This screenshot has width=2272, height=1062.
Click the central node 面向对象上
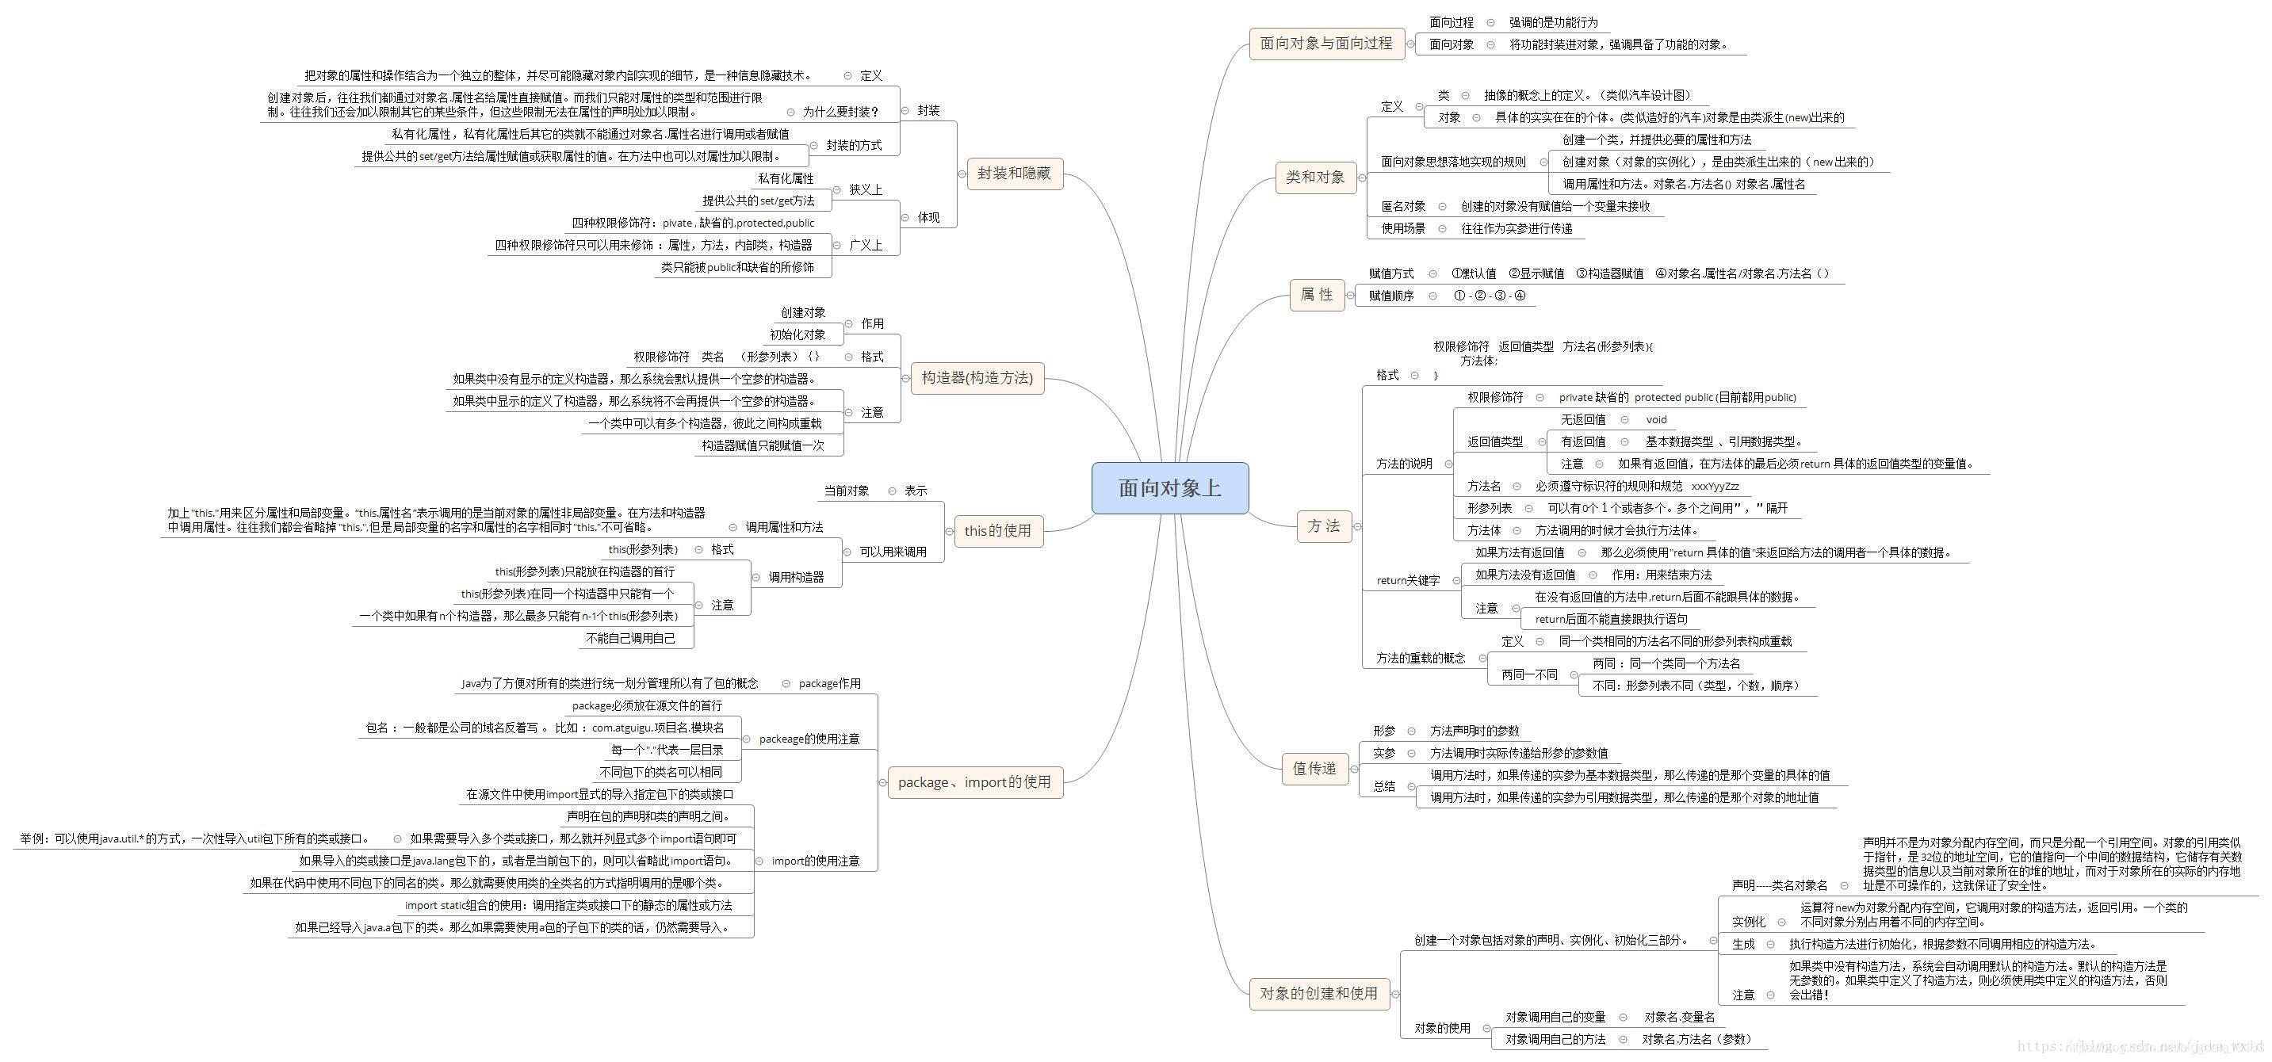(1169, 487)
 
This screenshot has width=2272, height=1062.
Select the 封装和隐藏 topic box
(1013, 174)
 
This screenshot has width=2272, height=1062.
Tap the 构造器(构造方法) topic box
(977, 378)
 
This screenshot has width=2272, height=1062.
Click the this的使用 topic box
(997, 531)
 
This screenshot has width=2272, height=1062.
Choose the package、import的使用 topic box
(973, 782)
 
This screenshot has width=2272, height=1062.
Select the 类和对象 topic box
(1315, 178)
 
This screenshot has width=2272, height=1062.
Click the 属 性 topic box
(1316, 295)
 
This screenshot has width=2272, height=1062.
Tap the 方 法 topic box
(1323, 526)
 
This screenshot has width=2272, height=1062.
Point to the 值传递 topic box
(1314, 769)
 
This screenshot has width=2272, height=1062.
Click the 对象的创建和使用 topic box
(1318, 994)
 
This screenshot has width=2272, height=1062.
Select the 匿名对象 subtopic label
(1403, 206)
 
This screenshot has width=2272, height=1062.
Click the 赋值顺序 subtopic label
(1391, 296)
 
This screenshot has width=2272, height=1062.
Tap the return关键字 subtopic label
(1408, 580)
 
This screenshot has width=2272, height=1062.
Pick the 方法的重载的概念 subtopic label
(1420, 658)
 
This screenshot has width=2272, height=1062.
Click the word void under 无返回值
(1655, 420)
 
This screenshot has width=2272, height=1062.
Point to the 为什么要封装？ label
(840, 112)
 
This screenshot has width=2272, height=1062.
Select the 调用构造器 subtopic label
(796, 578)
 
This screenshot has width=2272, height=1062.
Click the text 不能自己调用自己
(630, 639)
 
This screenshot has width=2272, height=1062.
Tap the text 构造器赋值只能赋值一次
(763, 446)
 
